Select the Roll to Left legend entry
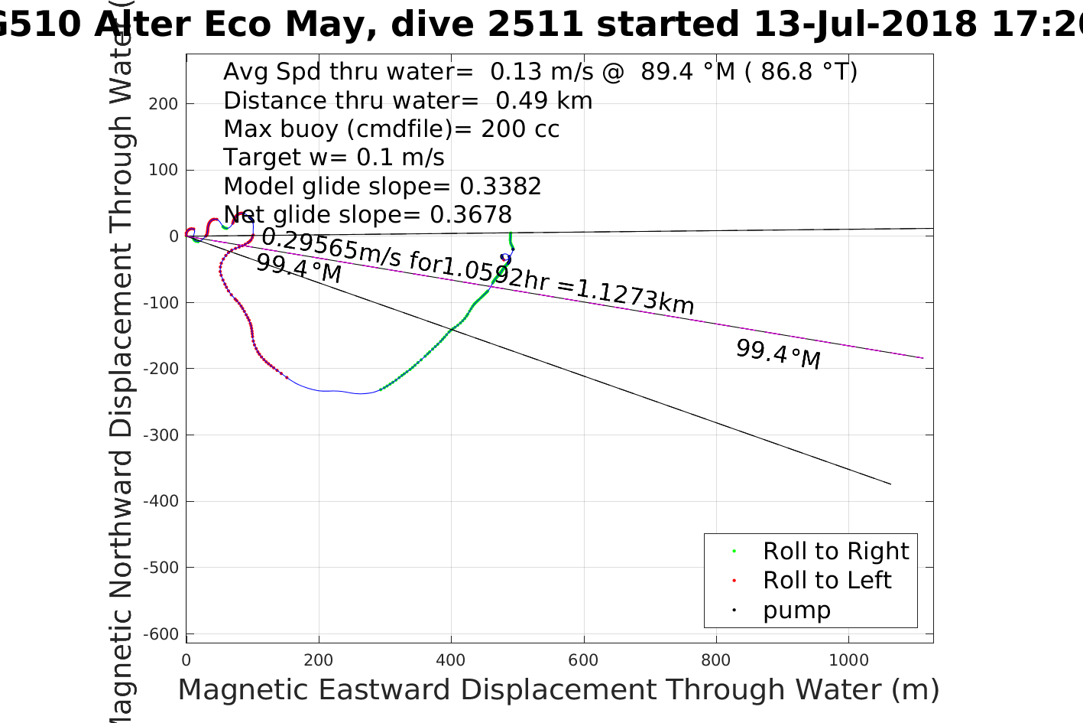(826, 581)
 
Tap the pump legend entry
(796, 611)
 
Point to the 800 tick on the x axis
(717, 660)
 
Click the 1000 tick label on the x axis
(849, 660)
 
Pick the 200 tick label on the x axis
(319, 660)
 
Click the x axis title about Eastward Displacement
(558, 690)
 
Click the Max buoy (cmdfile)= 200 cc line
(391, 129)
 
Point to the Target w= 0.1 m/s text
(334, 158)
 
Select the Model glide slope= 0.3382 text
(382, 187)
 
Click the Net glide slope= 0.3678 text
(368, 215)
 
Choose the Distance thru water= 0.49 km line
(407, 101)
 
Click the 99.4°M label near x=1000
(778, 355)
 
